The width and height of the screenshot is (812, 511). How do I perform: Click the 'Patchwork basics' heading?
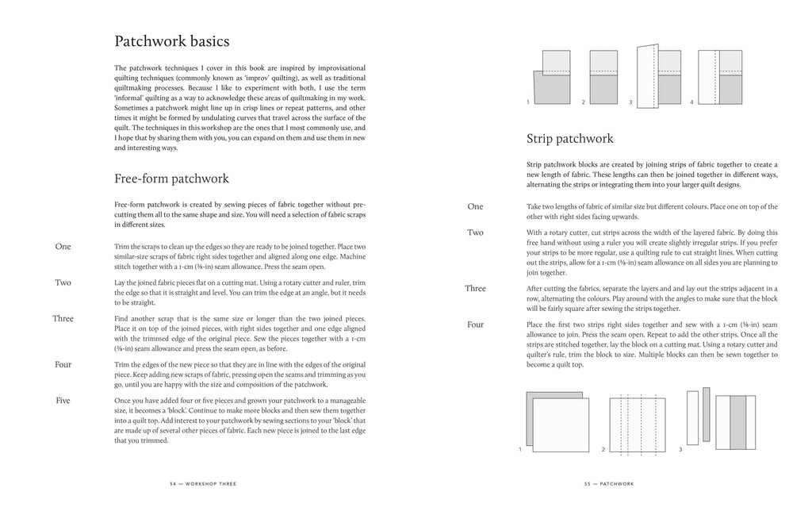[172, 40]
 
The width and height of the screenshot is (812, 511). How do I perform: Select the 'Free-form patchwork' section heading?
[172, 179]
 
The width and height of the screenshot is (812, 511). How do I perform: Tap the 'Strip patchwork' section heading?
[569, 139]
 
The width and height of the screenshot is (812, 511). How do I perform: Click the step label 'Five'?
[63, 401]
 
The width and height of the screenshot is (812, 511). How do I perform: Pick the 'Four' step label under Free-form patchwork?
[63, 364]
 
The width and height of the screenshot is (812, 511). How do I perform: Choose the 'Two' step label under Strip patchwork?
[475, 232]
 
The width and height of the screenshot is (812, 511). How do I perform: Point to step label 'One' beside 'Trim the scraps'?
[63, 247]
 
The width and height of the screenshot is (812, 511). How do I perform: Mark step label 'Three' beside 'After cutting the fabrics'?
[475, 289]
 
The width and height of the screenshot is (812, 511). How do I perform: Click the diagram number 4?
[691, 103]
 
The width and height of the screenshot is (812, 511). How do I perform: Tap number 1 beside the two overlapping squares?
[520, 450]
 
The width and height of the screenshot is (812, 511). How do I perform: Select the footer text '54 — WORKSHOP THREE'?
[203, 483]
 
